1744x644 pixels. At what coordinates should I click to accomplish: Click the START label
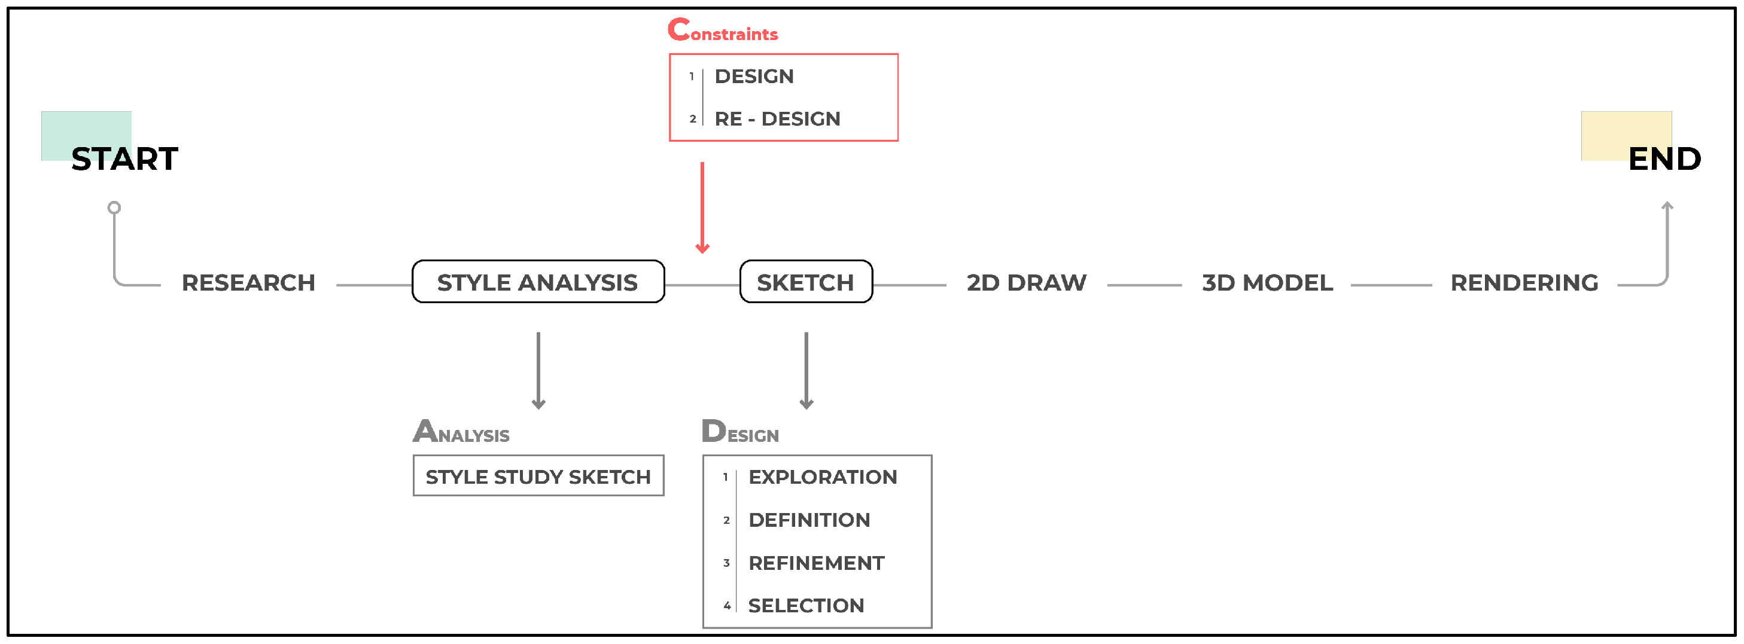coord(124,159)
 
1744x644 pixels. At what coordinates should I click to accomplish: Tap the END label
coord(1663,159)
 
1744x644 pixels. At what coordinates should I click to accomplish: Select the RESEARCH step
coord(248,283)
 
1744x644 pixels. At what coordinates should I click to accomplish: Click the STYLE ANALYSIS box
coord(538,282)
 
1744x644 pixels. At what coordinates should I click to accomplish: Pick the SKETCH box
coord(806,282)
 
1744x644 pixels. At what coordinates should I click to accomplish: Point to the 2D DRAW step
coord(1027,283)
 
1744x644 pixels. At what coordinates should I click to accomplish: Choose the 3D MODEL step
coord(1267,283)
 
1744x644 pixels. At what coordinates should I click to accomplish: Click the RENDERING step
coord(1524,283)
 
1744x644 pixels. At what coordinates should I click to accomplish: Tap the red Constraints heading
coord(723,30)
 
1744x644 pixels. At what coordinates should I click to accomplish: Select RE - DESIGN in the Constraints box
coord(777,119)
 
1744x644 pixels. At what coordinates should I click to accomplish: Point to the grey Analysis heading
coord(461,432)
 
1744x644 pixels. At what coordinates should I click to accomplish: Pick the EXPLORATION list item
coord(823,477)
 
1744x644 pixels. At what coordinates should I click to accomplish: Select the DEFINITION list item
coord(809,520)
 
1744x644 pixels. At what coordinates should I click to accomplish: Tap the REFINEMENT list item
coord(816,563)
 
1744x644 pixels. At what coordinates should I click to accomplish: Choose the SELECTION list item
coord(806,606)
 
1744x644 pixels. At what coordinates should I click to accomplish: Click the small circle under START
coord(114,207)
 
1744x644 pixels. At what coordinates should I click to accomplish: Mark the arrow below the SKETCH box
coord(806,371)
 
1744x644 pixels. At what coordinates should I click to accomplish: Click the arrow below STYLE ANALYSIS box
coord(538,371)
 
